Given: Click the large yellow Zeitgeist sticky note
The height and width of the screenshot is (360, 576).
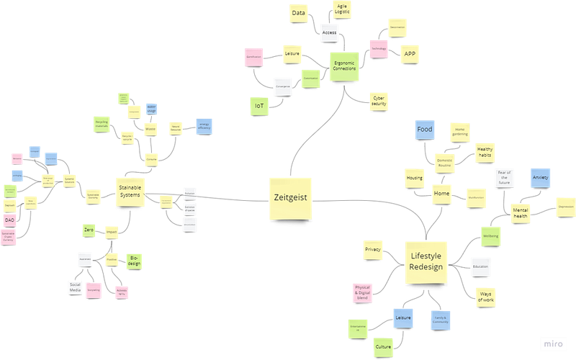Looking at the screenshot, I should pyautogui.click(x=290, y=197).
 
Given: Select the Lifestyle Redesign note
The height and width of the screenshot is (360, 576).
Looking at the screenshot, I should pyautogui.click(x=424, y=261).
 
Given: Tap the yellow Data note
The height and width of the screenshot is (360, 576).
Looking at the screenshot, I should pyautogui.click(x=297, y=12).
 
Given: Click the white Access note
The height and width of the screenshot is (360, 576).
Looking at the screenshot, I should pyautogui.click(x=329, y=32).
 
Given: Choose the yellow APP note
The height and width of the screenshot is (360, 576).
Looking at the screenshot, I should pyautogui.click(x=409, y=53).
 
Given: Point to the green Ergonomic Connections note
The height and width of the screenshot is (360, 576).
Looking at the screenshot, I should pyautogui.click(x=344, y=66).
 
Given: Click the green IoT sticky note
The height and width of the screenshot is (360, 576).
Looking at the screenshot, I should pyautogui.click(x=258, y=106).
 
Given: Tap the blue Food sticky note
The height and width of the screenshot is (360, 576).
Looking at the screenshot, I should pyautogui.click(x=423, y=130).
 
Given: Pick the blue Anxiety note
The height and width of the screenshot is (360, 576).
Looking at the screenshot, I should pyautogui.click(x=540, y=176).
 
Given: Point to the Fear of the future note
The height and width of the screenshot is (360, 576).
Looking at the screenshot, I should pyautogui.click(x=503, y=176).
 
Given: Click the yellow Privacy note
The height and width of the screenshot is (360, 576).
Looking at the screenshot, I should pyautogui.click(x=372, y=249).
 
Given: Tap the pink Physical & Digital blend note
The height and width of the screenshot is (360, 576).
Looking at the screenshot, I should pyautogui.click(x=362, y=292).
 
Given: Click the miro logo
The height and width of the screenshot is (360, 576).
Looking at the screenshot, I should pyautogui.click(x=553, y=343).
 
